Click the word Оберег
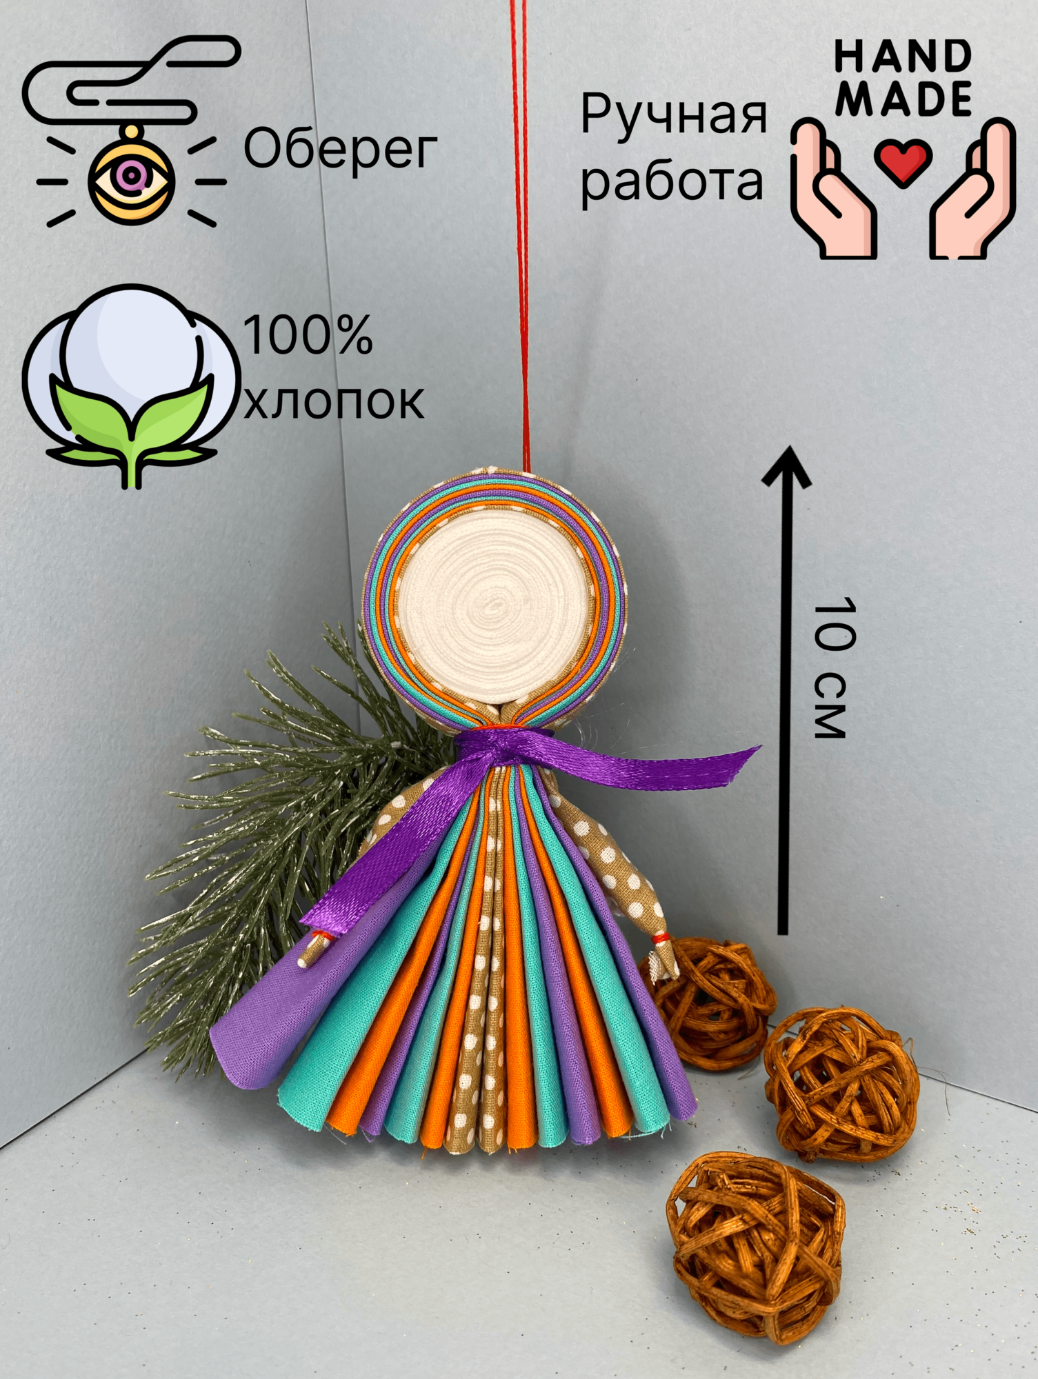341,150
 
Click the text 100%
308,336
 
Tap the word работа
672,181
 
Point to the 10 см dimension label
830,669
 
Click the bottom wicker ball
756,1237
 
